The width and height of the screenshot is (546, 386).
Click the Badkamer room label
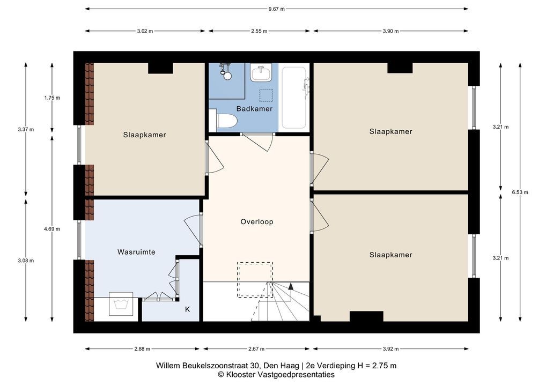coord(255,108)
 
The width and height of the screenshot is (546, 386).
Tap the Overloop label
coord(256,221)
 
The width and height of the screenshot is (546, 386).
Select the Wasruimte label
coord(136,251)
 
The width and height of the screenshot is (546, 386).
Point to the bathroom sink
coord(261,72)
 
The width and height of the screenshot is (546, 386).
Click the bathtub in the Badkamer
coord(294,97)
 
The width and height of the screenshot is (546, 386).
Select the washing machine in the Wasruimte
coord(121,306)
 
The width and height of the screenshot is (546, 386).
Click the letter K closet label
coord(187,309)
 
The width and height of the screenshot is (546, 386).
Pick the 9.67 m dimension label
coord(276,9)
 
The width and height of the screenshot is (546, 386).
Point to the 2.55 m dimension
coord(260,31)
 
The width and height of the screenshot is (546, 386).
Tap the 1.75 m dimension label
coord(52,98)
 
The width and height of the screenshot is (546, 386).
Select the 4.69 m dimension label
coord(52,228)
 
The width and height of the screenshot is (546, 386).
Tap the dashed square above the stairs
coord(255,279)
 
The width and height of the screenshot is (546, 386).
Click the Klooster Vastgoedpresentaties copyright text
coord(276,375)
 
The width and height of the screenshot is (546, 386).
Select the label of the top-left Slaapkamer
coord(144,135)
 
